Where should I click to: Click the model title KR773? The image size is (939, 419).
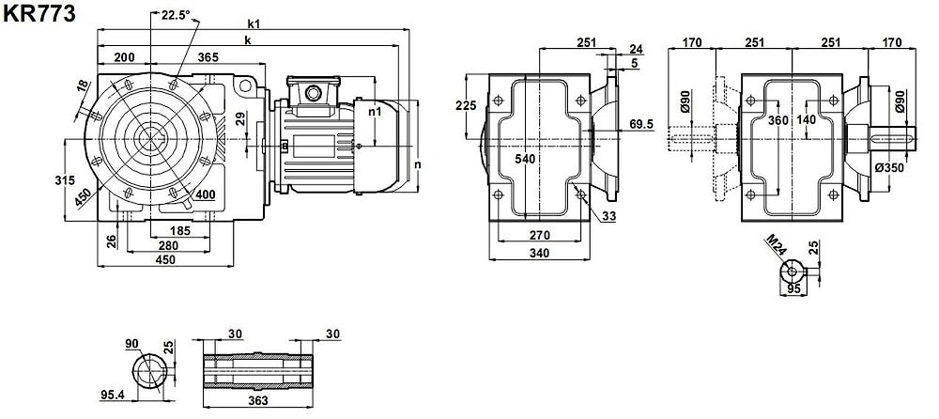[x=38, y=12]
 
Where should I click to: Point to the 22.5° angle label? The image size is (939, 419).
[x=175, y=15]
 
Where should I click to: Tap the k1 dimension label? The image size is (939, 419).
[x=254, y=23]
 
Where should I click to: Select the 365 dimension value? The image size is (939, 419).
[x=208, y=58]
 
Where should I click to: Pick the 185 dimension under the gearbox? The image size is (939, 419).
[x=180, y=229]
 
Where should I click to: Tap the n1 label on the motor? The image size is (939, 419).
[x=375, y=111]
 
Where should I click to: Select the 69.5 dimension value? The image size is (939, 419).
[x=642, y=124]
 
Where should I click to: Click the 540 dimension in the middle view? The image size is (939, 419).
[x=525, y=160]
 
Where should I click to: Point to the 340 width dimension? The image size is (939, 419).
[x=539, y=253]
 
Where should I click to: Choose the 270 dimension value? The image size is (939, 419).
[x=539, y=235]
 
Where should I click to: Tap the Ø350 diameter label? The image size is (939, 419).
[x=888, y=167]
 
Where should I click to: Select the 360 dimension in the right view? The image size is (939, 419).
[x=779, y=120]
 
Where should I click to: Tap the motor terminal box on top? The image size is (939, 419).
[x=310, y=91]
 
